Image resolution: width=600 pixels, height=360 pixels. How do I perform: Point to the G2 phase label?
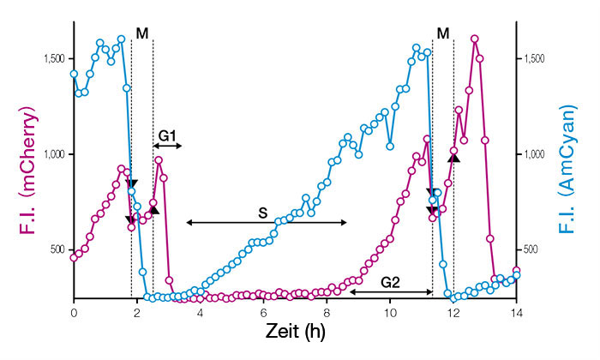click(x=390, y=280)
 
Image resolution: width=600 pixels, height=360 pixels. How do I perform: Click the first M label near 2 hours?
click(x=141, y=33)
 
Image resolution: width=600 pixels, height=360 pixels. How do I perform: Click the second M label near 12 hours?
click(x=442, y=33)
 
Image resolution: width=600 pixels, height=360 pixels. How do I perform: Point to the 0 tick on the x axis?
click(x=74, y=315)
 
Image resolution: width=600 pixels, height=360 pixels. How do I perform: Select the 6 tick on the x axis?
click(x=263, y=315)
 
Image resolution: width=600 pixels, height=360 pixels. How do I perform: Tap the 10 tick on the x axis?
click(x=390, y=315)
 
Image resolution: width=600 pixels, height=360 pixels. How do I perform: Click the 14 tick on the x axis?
click(x=516, y=315)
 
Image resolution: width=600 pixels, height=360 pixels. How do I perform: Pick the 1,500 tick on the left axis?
click(x=54, y=58)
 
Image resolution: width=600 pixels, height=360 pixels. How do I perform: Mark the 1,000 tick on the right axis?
click(x=536, y=154)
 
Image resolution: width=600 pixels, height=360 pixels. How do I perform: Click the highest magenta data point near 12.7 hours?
click(x=474, y=39)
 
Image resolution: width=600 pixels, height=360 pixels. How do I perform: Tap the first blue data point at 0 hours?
click(x=74, y=74)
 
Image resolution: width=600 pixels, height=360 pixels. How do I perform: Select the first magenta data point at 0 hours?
click(x=74, y=256)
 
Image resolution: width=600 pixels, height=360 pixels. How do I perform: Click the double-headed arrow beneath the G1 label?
click(x=167, y=147)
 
